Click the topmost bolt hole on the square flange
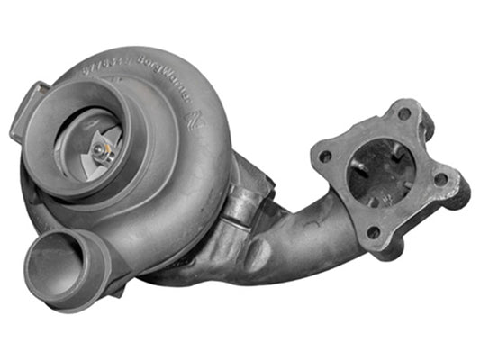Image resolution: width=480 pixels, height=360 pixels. click(x=403, y=113)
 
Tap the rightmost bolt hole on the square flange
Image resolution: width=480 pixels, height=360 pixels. click(x=441, y=179)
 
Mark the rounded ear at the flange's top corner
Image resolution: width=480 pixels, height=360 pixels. click(x=404, y=106)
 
